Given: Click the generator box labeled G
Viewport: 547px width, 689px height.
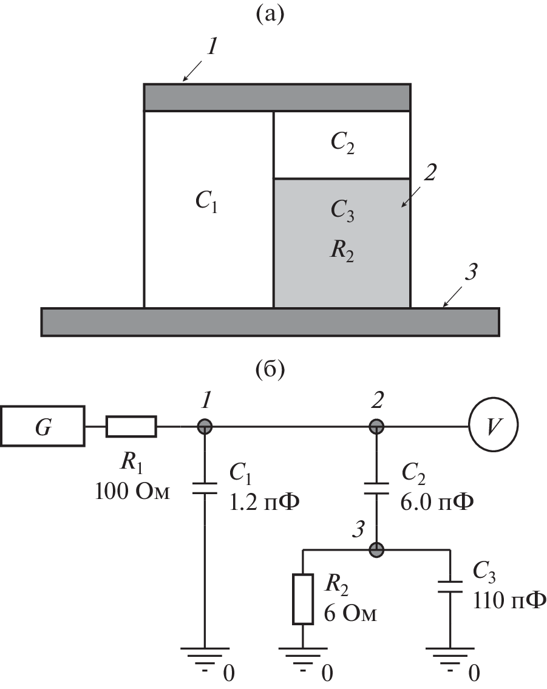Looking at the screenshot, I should (x=42, y=427).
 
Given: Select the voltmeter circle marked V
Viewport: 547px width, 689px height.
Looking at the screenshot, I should (x=494, y=426).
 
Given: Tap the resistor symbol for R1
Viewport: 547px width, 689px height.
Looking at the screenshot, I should (x=131, y=427).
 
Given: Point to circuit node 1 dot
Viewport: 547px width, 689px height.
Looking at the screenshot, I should (x=205, y=426).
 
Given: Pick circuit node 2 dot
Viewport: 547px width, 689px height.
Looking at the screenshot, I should (x=376, y=426).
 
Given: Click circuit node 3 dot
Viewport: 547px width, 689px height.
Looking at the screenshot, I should (x=376, y=550).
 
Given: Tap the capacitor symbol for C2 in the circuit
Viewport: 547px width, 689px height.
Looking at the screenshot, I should (x=376, y=489).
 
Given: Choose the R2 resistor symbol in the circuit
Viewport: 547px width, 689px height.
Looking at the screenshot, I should (x=302, y=598).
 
